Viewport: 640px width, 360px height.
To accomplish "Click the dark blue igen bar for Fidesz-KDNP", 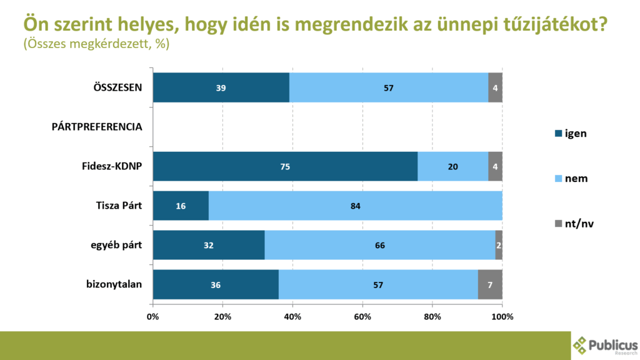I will click(x=285, y=166).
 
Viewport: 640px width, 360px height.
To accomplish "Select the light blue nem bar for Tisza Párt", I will click(x=356, y=206).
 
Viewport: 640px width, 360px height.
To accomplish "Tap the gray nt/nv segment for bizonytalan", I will click(x=490, y=284).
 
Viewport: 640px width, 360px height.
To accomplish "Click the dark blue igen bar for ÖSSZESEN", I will click(x=221, y=87).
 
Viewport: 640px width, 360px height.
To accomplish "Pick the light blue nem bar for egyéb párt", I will click(x=380, y=245).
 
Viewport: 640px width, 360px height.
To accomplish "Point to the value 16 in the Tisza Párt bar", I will click(x=180, y=206).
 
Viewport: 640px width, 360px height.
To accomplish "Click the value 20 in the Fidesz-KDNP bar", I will click(x=452, y=166).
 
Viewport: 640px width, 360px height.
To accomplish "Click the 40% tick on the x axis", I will click(x=292, y=316).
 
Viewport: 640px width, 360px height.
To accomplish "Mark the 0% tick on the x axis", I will click(x=152, y=316).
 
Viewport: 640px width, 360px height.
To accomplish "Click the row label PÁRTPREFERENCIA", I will click(x=97, y=127).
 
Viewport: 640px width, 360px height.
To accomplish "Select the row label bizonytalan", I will click(x=114, y=284).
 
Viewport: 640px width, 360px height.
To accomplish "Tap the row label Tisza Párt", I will click(x=117, y=206).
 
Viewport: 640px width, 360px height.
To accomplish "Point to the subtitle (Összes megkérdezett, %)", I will click(x=96, y=45).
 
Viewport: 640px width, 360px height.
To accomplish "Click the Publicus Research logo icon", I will click(x=581, y=345).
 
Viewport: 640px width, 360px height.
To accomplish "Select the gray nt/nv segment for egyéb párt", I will click(x=499, y=245).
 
